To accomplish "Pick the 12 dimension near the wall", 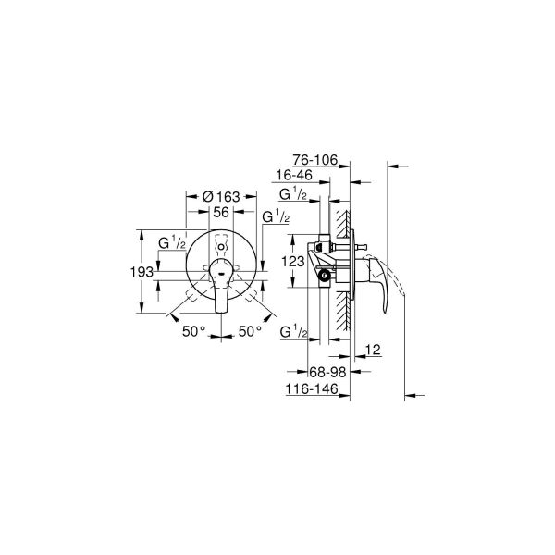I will (x=373, y=349).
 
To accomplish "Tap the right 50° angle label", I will (x=252, y=331).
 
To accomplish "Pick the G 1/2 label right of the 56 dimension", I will (x=276, y=216).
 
